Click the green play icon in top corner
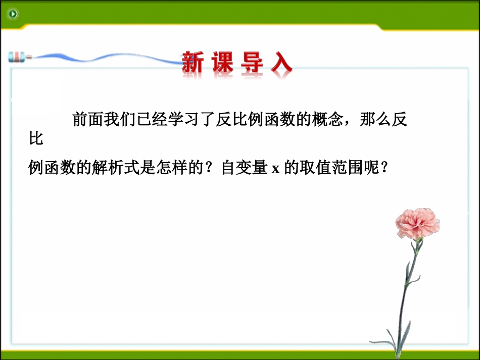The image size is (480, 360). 13,14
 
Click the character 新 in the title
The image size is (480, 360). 193,64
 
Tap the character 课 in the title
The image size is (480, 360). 222,64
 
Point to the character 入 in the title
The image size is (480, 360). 281,64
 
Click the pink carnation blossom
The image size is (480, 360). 417,223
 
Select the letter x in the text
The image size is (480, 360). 275,169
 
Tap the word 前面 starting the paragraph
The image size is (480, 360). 88,120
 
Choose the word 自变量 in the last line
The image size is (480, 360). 244,169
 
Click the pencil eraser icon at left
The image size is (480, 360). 16,57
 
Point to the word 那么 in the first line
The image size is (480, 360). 377,120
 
